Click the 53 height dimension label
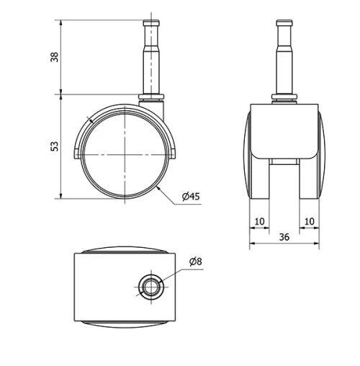click(54, 146)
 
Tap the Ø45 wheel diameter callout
click(191, 197)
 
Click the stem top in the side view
click(152, 22)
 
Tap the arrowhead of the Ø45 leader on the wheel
click(158, 188)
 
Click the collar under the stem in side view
click(152, 97)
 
